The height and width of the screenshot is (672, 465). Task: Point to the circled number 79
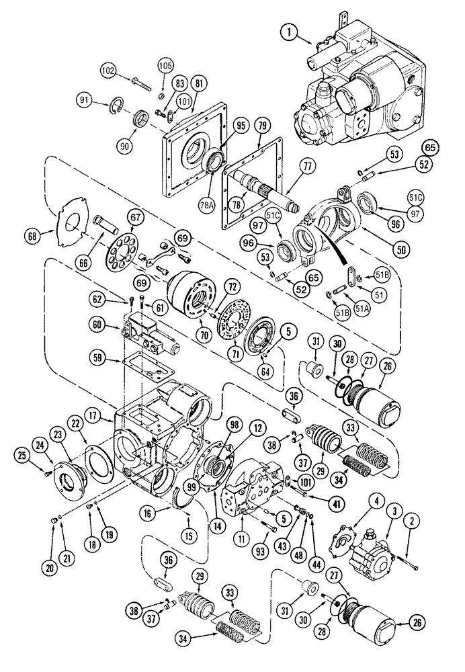point(261,126)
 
